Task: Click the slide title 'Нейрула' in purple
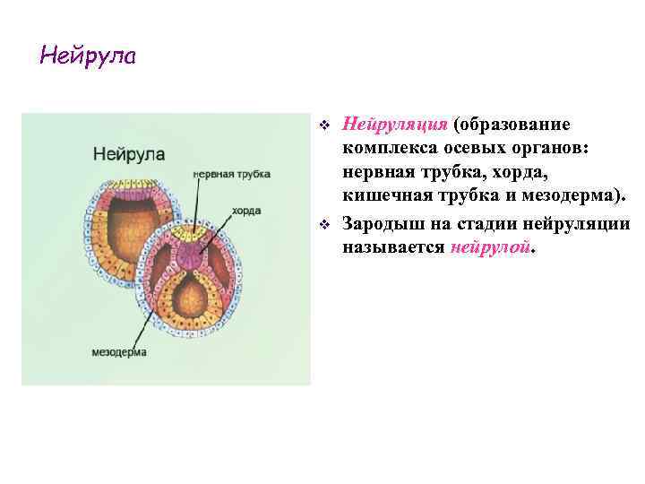[88, 56]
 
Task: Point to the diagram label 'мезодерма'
[118, 351]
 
